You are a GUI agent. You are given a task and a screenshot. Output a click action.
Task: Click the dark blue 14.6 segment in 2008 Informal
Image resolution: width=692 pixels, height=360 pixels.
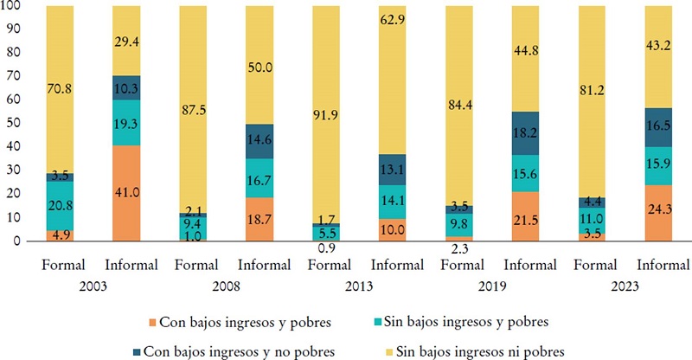(x=260, y=141)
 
